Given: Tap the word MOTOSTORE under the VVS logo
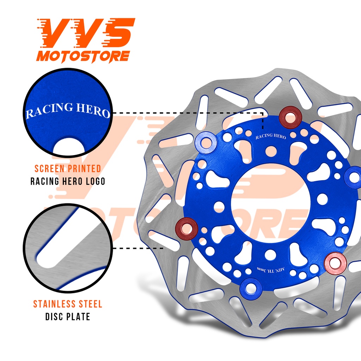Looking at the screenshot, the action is click(x=83, y=56).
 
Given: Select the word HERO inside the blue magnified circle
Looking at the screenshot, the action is click(x=93, y=110).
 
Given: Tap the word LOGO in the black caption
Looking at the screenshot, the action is click(x=95, y=181).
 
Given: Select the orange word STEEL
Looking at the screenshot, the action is click(x=90, y=304).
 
